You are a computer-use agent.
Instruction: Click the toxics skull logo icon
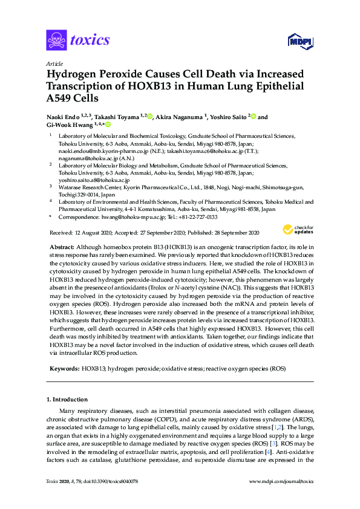56,41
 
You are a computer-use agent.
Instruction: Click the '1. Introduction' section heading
67,400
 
